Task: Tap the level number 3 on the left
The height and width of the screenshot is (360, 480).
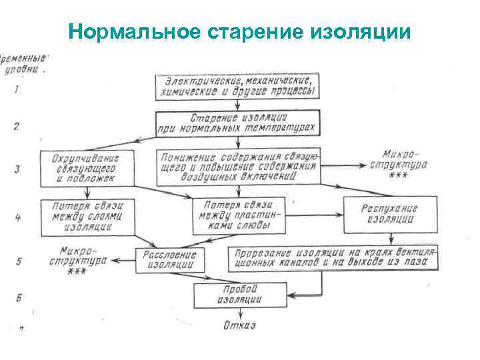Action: coord(16,168)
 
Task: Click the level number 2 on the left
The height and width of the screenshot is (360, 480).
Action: coord(16,126)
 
